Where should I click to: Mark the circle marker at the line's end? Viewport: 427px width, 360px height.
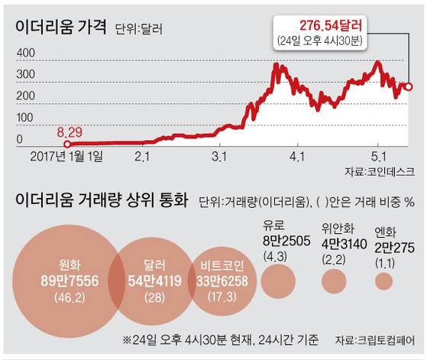pos(409,87)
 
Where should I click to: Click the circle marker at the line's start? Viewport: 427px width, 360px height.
pos(66,144)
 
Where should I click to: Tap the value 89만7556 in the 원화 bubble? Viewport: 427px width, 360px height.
pos(64,280)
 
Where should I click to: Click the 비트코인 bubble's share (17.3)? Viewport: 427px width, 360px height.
pos(223,294)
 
